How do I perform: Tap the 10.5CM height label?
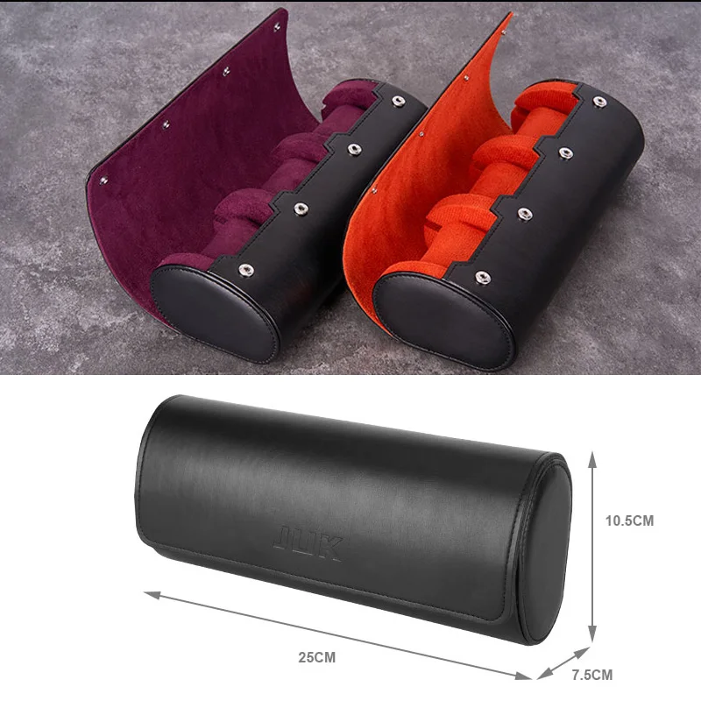click(x=629, y=520)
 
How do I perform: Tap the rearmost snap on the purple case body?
click(x=398, y=101)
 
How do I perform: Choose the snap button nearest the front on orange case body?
click(x=482, y=277)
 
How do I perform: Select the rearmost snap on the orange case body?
click(x=599, y=102)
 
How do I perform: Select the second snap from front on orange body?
click(x=525, y=214)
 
